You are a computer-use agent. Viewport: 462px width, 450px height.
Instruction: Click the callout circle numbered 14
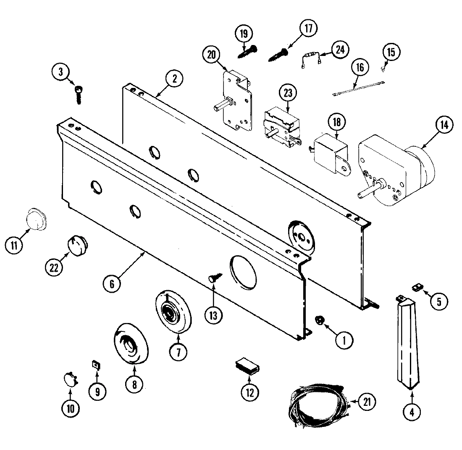click(444, 125)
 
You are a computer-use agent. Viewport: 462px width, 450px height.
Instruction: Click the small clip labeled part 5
click(417, 287)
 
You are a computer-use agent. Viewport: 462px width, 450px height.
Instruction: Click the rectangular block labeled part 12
click(247, 365)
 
